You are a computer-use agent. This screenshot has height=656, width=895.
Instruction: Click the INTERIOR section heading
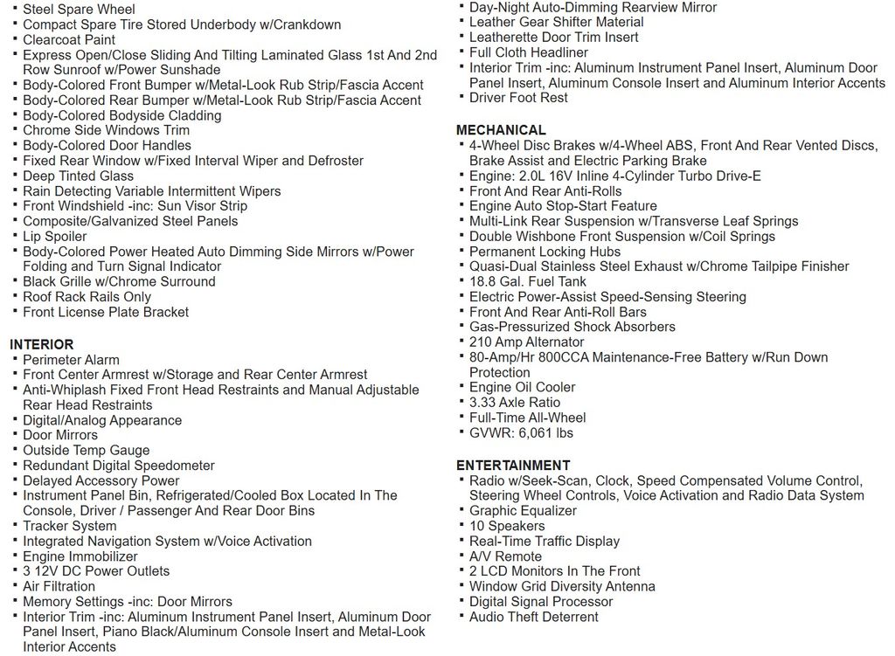coord(42,344)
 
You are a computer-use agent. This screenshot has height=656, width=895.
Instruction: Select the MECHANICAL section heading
coord(501,130)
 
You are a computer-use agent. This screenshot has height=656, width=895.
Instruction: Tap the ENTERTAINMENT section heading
coord(513,466)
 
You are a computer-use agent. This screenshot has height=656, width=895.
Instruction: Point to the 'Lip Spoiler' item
coord(55,237)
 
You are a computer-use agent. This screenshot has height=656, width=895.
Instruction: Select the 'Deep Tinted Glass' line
coord(79,176)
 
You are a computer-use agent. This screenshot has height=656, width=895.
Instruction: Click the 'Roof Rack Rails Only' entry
coord(87,297)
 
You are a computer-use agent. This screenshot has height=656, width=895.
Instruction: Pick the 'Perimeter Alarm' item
coord(71,360)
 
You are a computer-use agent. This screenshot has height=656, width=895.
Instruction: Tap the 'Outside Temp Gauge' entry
coord(87,451)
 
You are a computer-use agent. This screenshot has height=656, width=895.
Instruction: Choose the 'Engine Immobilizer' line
coord(80,556)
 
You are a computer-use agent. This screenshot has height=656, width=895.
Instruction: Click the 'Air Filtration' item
coord(59,586)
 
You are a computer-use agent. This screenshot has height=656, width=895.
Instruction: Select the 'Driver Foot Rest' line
coord(518,98)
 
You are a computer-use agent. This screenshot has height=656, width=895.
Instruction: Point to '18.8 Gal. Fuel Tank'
coord(528,281)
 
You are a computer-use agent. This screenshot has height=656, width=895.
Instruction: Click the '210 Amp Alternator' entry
coord(527,342)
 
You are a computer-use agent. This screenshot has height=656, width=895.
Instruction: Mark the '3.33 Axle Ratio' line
coord(515,403)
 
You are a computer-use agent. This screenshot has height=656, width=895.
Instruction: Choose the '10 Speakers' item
coord(507,526)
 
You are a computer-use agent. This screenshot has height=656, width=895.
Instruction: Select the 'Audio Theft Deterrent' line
coord(534,617)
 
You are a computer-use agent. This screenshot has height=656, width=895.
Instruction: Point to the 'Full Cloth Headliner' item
coord(529,52)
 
